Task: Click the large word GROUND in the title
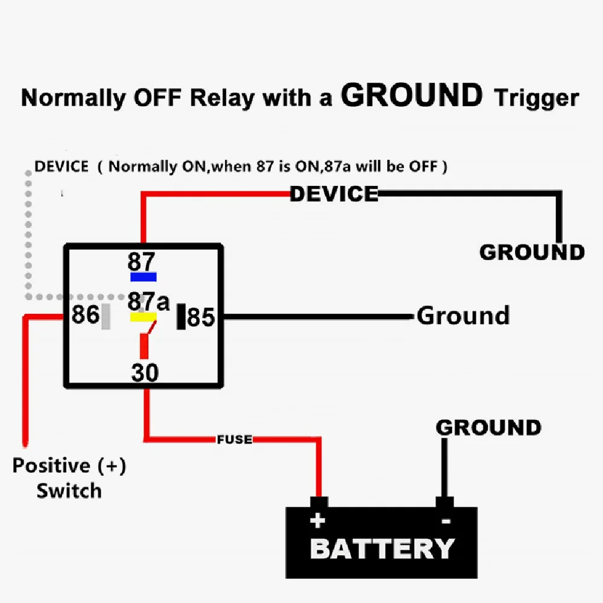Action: [412, 95]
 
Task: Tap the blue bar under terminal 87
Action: [144, 277]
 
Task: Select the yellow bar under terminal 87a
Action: [144, 316]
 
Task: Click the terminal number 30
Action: [145, 373]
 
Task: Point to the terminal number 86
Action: [85, 315]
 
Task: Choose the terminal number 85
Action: [201, 317]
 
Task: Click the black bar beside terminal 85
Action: [181, 317]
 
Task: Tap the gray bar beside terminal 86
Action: [106, 316]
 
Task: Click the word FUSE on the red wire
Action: [235, 439]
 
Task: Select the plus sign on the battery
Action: [318, 520]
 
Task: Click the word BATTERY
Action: [382, 549]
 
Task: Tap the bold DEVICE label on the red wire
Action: [334, 194]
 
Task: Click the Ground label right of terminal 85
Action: [463, 316]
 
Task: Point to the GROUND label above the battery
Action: [488, 428]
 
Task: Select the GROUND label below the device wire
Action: [532, 252]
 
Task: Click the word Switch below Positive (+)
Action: [69, 490]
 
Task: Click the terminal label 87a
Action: [148, 300]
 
